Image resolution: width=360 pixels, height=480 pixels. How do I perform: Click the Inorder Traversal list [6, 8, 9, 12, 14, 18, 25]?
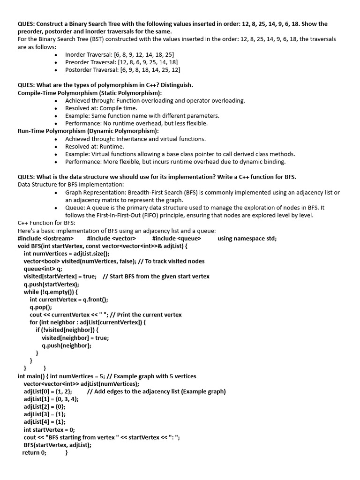(120, 54)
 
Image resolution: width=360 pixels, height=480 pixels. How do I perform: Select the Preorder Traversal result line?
(121, 62)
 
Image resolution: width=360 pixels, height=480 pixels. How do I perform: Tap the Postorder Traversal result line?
(122, 70)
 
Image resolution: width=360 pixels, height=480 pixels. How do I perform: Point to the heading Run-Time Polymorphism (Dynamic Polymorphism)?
(88, 131)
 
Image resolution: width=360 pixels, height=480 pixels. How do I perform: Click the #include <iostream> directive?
(45, 238)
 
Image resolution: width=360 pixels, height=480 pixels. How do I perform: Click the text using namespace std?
(247, 238)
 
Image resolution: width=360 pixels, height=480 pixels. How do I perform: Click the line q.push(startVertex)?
(52, 284)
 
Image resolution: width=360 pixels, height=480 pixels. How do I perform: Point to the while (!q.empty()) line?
(51, 292)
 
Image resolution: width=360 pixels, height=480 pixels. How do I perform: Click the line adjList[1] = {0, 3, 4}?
(51, 399)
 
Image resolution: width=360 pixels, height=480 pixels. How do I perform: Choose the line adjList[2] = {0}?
(45, 406)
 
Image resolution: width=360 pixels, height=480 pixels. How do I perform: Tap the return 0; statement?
(34, 452)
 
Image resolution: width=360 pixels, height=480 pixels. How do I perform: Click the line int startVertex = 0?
(49, 429)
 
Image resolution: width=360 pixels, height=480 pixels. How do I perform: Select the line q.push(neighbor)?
(67, 345)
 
